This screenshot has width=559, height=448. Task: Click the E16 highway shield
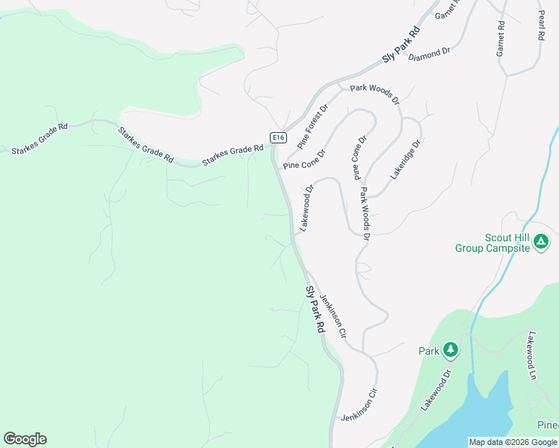[x=278, y=137]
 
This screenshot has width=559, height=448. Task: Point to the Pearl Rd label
[x=541, y=25]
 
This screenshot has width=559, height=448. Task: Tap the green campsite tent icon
[x=541, y=242]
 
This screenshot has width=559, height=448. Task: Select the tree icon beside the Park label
[x=450, y=349]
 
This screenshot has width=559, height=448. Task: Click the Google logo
[x=25, y=439]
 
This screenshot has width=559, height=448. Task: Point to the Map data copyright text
[x=513, y=442]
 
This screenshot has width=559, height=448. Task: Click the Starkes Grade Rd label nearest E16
[x=232, y=152]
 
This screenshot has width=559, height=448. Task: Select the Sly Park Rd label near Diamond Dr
[x=402, y=46]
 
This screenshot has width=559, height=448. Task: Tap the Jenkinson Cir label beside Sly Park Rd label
[x=333, y=317]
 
